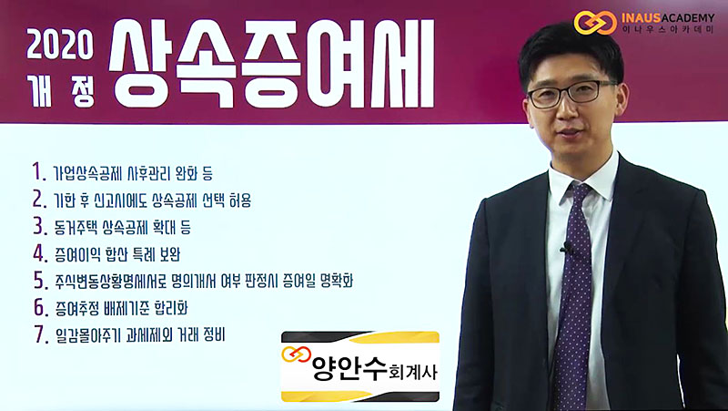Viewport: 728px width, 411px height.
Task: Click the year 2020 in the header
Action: [60, 45]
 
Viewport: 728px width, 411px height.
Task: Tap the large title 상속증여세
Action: [271, 64]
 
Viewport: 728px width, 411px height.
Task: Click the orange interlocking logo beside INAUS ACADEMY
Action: [595, 23]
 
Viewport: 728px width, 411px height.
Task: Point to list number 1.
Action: [39, 171]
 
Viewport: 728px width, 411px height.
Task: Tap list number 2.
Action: [39, 198]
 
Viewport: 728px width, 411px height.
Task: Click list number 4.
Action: [39, 253]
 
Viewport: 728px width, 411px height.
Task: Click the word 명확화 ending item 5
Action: [337, 282]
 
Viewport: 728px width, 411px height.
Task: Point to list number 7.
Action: [40, 334]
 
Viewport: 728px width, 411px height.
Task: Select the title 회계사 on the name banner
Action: [406, 373]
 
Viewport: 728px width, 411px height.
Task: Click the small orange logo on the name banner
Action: [296, 354]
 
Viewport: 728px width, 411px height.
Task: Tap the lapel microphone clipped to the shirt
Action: [566, 248]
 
